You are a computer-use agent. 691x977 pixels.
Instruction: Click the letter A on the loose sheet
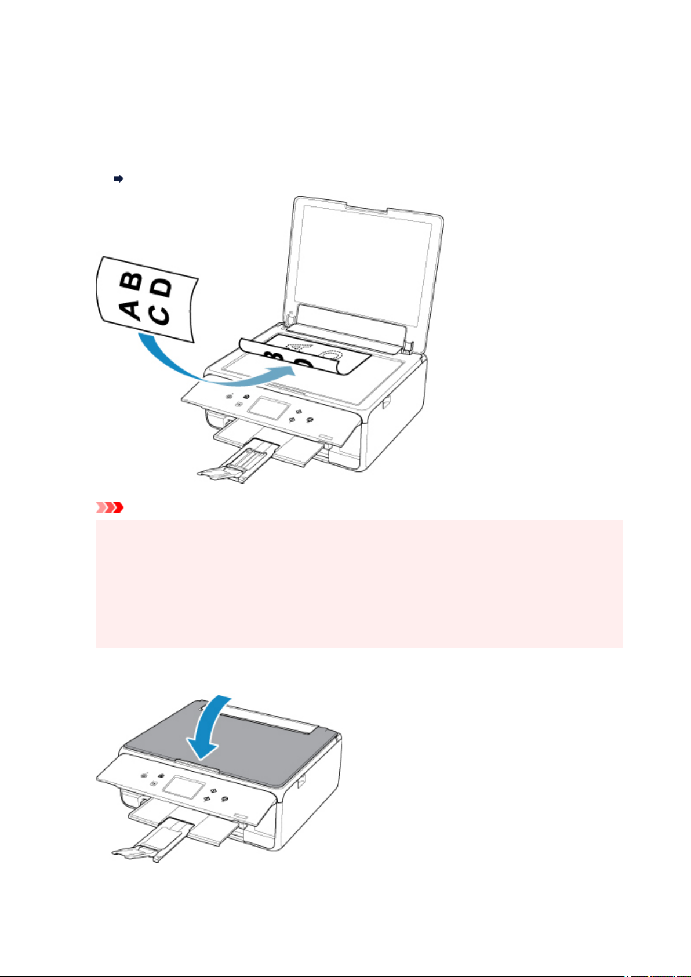point(129,311)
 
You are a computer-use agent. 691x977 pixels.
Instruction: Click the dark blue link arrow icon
point(118,179)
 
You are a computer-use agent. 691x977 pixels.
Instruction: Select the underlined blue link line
point(208,184)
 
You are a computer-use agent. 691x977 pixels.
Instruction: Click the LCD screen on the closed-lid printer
point(184,787)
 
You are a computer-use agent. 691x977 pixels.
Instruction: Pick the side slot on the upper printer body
point(386,404)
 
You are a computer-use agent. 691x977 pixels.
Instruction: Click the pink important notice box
point(359,583)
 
